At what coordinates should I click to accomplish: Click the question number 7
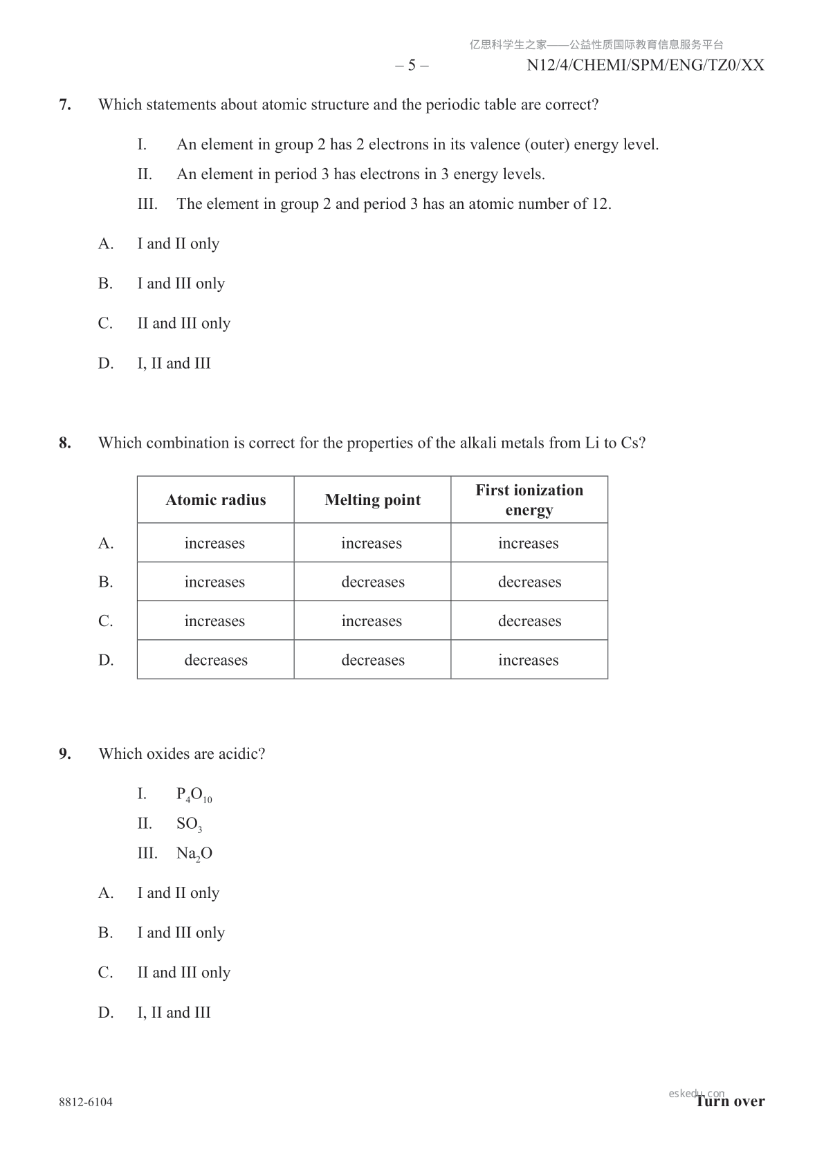coord(65,105)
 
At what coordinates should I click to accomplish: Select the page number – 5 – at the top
coord(412,66)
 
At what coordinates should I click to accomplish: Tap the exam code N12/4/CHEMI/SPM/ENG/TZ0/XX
coord(645,66)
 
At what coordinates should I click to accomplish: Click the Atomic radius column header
coord(216,500)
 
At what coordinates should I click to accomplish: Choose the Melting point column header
coord(372,500)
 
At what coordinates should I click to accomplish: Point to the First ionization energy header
coord(529,500)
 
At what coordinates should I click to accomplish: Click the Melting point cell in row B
coord(372,582)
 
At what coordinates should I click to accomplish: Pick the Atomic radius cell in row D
coord(216,660)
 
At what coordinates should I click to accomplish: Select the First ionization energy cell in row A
coord(529,543)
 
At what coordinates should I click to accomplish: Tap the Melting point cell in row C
coord(372,621)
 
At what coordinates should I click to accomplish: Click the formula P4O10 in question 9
coord(194,795)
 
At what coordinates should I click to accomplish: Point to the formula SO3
coord(189,824)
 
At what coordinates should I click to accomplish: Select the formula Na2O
coord(194,854)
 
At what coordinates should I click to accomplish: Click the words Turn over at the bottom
coord(731,1101)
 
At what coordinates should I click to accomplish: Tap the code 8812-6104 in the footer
coord(86,1102)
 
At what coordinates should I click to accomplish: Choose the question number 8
coord(65,443)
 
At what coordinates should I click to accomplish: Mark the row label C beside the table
coord(106,621)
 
